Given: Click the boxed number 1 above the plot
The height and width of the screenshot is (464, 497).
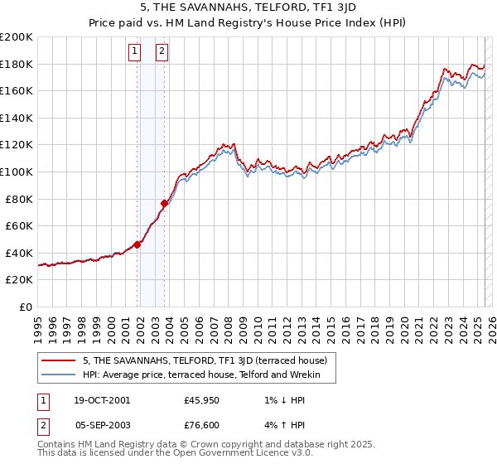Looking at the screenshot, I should [135, 51].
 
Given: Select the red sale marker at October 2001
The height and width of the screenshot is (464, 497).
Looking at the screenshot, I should [138, 244].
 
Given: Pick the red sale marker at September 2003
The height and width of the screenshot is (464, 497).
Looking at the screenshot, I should [165, 203].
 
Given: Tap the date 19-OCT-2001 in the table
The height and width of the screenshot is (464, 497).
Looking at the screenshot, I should [102, 400].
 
